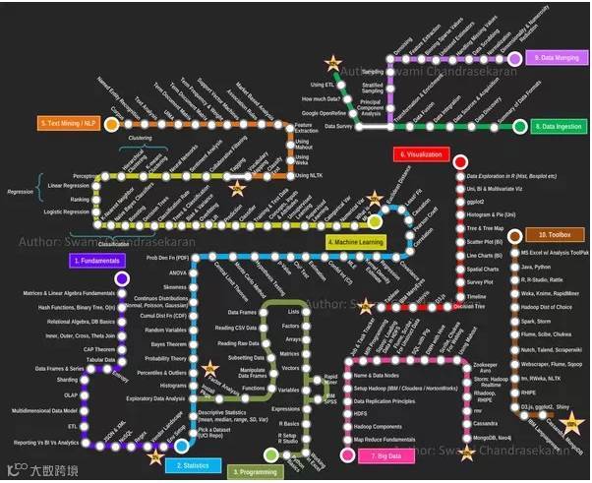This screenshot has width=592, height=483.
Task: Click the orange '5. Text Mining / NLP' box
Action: [x=69, y=123]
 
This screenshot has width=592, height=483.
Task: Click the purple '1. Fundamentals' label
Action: [x=96, y=261]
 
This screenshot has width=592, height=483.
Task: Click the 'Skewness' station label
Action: [x=175, y=287]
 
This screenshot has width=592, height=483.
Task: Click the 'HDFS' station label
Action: [x=363, y=413]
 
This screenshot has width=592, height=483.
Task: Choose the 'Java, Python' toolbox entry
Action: [x=538, y=267]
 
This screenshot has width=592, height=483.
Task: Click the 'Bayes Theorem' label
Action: [x=165, y=344]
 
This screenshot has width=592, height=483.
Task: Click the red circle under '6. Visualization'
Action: [x=458, y=161]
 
